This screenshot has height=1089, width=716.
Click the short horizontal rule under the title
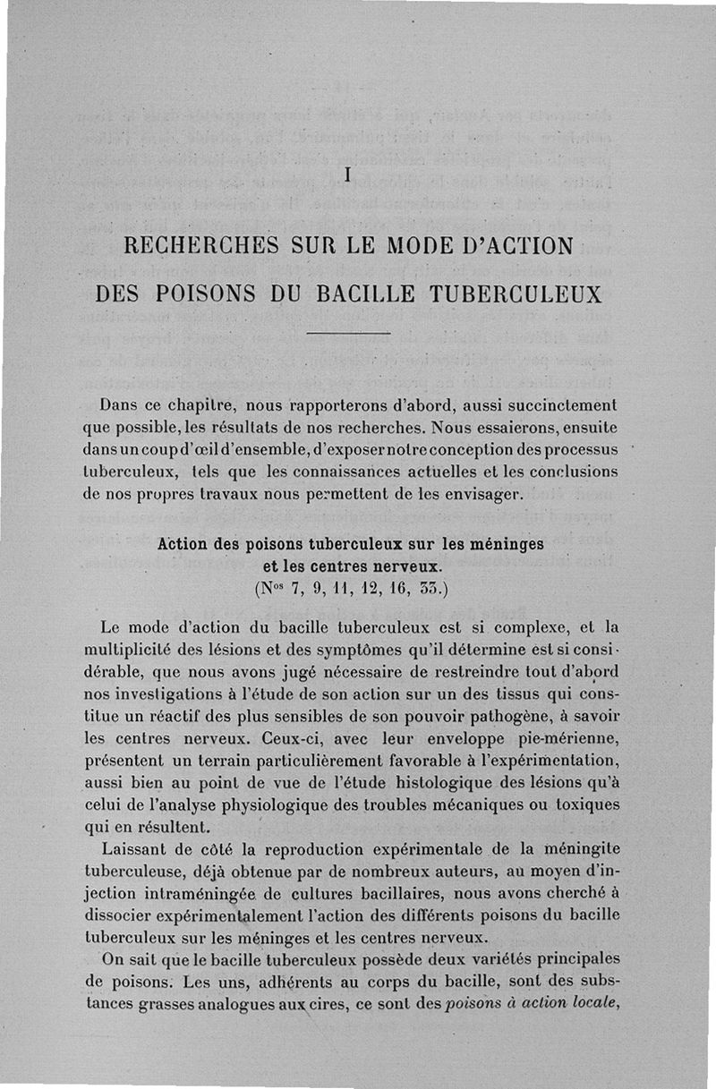(x=348, y=334)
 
